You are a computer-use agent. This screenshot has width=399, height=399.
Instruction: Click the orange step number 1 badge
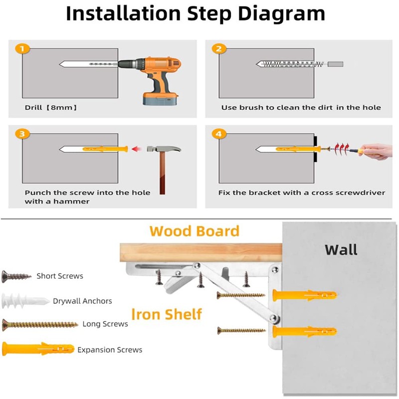[x=22, y=48]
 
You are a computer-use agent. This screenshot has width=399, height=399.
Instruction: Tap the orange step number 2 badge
[x=219, y=48]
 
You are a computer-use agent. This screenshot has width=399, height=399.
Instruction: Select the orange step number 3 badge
[x=22, y=134]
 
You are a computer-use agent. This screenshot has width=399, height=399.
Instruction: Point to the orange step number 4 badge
[x=219, y=134]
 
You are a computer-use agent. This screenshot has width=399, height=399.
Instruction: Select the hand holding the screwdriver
[x=377, y=152]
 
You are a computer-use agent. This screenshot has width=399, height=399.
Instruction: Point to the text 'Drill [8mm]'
[x=51, y=107]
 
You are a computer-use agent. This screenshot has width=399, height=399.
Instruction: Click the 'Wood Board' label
[x=195, y=231]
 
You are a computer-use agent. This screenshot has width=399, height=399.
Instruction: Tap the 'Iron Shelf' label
[x=167, y=314]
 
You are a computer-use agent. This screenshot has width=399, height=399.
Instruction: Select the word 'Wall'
[x=341, y=250]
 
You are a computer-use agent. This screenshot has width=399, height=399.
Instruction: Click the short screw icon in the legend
[x=16, y=276]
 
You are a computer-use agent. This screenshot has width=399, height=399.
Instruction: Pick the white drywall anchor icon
[x=25, y=301]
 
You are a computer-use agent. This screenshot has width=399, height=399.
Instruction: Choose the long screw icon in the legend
[x=40, y=325]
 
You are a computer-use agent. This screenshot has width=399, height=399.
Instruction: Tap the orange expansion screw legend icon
[x=38, y=349]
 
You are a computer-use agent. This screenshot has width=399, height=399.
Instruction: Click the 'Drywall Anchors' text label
[x=82, y=301]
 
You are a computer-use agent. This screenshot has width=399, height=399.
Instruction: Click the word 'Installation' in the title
[x=123, y=13]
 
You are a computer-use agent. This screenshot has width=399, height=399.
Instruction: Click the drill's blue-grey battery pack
[x=160, y=99]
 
